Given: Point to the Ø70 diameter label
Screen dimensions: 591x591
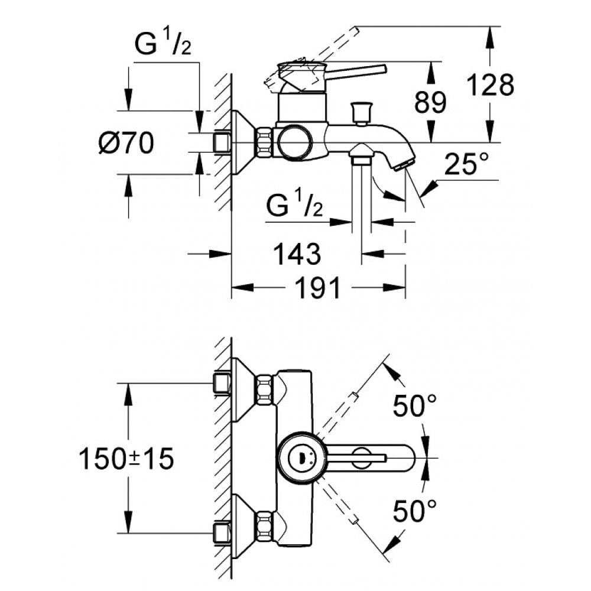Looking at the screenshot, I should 126,143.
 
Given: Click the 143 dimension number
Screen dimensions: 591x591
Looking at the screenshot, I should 297,254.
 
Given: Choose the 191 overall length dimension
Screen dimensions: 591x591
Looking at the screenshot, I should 318,288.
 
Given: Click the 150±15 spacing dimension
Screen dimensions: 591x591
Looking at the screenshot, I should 126,459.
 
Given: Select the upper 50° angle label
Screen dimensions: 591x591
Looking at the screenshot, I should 415,407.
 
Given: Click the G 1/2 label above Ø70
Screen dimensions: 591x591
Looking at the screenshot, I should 161,46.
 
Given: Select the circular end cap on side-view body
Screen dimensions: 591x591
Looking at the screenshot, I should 294,142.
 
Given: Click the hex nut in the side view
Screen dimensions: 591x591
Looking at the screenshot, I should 264,142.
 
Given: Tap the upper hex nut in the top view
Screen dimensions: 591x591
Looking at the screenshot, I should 264,390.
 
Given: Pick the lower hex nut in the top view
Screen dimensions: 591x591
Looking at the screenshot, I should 264,525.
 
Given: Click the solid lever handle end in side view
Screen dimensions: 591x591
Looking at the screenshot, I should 378,70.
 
